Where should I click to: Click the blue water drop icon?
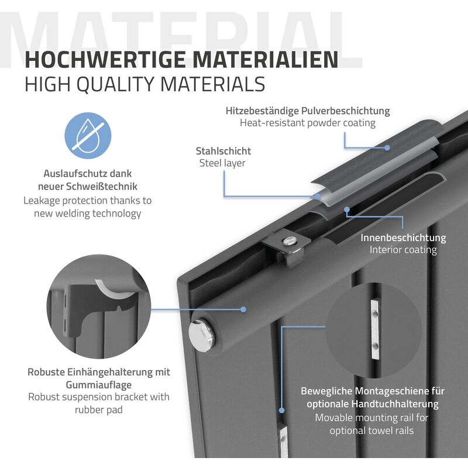pos(88,136)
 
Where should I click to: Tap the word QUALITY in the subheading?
pos(118,84)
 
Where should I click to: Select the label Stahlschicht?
pos(223,151)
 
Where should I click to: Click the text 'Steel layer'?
pos(222,163)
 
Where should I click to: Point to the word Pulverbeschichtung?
pos(345,111)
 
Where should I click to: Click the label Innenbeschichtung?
pos(403,238)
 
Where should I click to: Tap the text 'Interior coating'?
pos(403,250)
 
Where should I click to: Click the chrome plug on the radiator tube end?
pos(201,335)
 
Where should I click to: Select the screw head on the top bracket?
pos(289,240)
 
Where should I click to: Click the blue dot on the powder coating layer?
pos(387,147)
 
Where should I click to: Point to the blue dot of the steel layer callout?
pos(318,197)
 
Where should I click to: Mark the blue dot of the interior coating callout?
pos(347,209)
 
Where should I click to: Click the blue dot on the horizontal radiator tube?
pos(243,309)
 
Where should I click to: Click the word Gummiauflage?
pos(98,385)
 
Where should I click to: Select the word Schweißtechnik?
pos(101,187)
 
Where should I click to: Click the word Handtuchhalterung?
pos(395,404)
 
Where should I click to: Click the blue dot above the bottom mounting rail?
pos(281,411)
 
